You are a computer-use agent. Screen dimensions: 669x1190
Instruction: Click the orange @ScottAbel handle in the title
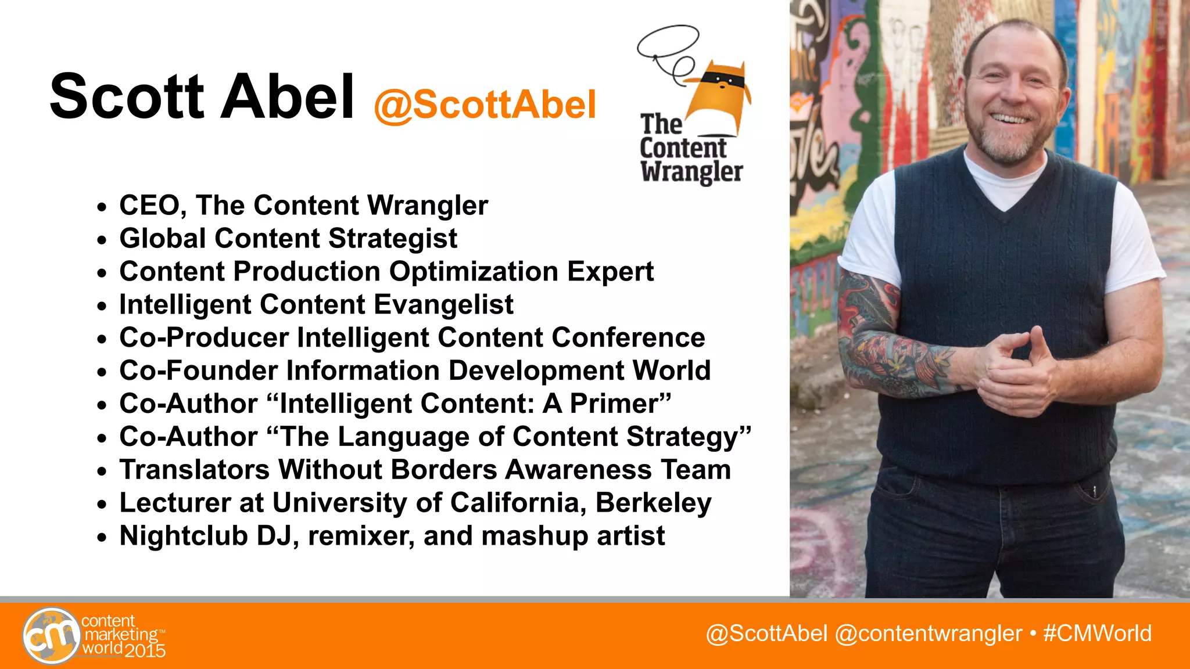pyautogui.click(x=485, y=105)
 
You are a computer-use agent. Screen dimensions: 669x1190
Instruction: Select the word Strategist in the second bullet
pyautogui.click(x=393, y=239)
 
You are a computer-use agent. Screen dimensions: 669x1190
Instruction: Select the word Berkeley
pyautogui.click(x=653, y=503)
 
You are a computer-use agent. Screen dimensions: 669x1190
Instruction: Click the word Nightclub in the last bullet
pyautogui.click(x=184, y=536)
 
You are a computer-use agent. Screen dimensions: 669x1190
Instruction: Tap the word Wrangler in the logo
pyautogui.click(x=691, y=172)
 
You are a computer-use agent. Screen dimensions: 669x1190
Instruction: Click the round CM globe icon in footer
pyautogui.click(x=51, y=636)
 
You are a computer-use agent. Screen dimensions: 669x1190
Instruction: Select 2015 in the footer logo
pyautogui.click(x=145, y=651)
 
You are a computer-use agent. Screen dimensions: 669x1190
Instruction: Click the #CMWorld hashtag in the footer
pyautogui.click(x=1097, y=634)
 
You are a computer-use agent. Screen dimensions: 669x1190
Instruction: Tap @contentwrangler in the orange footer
pyautogui.click(x=928, y=634)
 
